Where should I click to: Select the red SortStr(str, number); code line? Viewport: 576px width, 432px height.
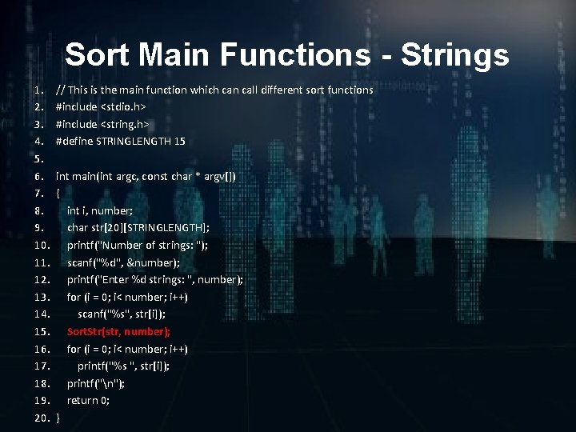118,331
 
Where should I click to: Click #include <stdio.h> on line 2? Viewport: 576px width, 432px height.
100,106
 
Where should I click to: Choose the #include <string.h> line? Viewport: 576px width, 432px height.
102,124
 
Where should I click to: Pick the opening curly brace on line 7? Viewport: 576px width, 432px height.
58,194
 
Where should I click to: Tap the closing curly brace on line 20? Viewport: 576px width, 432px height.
58,418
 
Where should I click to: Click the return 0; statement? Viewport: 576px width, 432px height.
88,400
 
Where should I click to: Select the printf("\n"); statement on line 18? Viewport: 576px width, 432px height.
95,383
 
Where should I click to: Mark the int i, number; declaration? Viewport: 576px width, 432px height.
99,210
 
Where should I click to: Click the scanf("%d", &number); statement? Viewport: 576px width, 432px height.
123,262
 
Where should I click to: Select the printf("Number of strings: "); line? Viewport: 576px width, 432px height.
137,245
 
